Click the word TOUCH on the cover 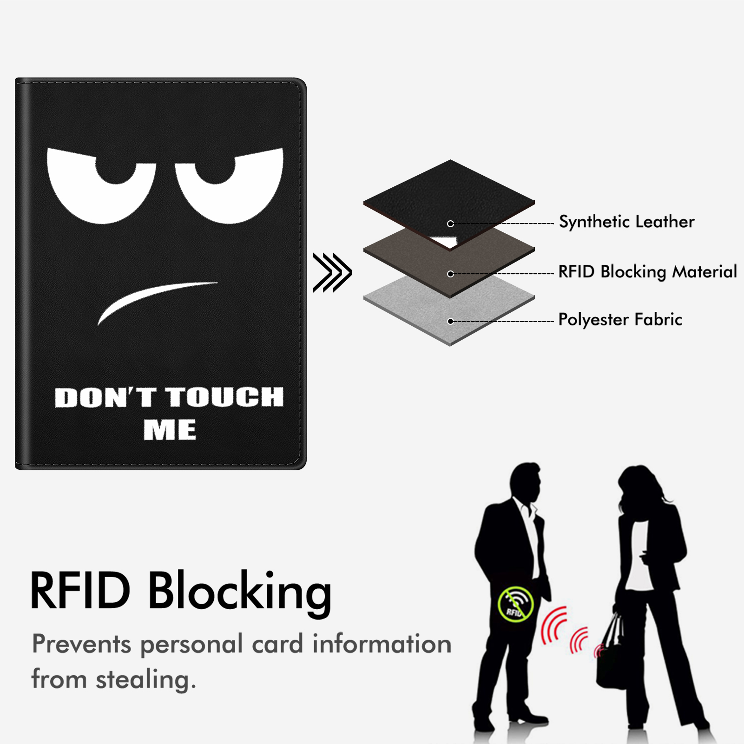click(225, 397)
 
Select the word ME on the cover click(170, 429)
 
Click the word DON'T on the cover click(105, 397)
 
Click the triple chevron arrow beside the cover click(332, 273)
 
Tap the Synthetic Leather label click(626, 222)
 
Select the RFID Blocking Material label click(647, 272)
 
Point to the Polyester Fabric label click(620, 320)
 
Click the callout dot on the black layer click(450, 224)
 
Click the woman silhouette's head click(639, 486)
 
